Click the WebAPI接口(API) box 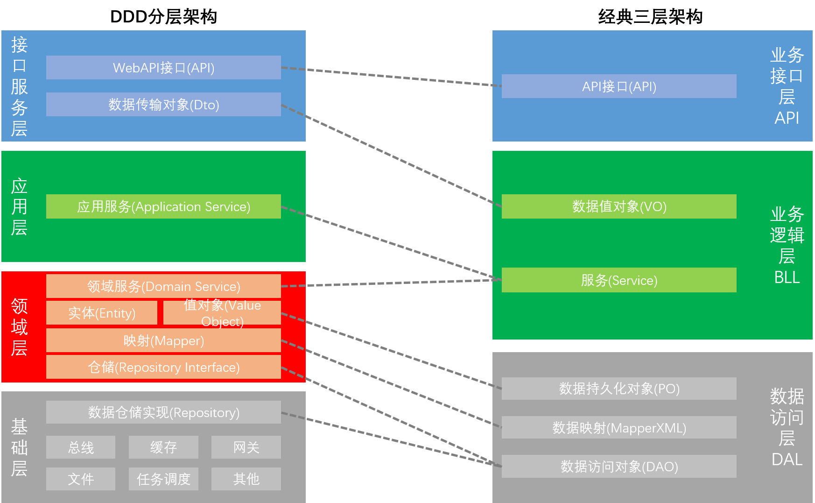coord(163,68)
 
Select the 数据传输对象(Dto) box coord(163,104)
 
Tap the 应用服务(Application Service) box coord(163,206)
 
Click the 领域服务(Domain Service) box coord(163,286)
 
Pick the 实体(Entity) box coord(102,313)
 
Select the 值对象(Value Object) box coord(222,313)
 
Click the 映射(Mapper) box coord(163,340)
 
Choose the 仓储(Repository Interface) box coord(163,367)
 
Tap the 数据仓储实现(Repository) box coord(163,412)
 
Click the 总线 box coord(81,447)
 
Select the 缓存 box coord(163,447)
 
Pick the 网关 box coord(246,447)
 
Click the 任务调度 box coord(163,479)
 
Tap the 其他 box coord(246,479)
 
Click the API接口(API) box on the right coord(619,86)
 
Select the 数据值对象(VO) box coord(619,206)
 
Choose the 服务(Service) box coord(619,280)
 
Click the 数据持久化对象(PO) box coord(619,389)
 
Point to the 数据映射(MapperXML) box coord(619,427)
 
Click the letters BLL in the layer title coord(787,277)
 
